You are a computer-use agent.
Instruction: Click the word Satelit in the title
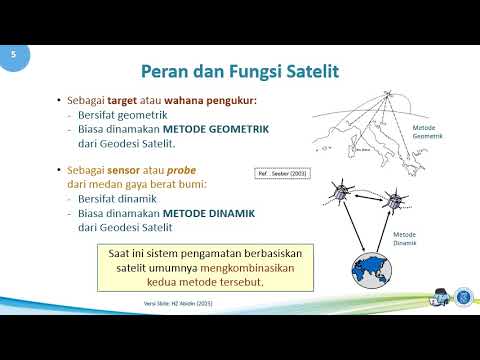pos(310,71)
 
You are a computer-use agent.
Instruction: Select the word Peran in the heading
pos(163,71)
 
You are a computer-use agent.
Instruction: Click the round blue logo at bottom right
pos(463,297)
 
